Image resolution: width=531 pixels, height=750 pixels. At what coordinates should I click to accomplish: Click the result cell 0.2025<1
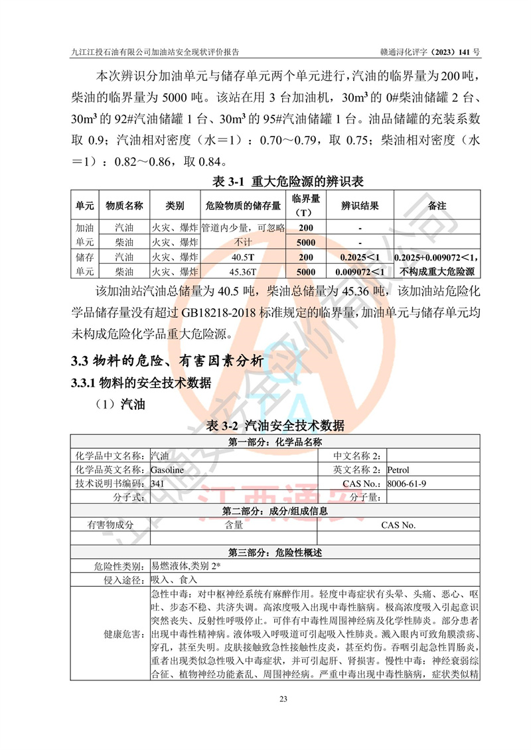[360, 257]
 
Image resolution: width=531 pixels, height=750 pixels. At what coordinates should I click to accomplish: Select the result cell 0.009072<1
[360, 271]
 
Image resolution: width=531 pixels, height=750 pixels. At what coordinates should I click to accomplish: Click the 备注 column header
[437, 206]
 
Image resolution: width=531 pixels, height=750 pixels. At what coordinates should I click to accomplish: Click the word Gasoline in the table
[168, 470]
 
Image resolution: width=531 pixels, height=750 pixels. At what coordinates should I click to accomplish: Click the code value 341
[157, 484]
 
